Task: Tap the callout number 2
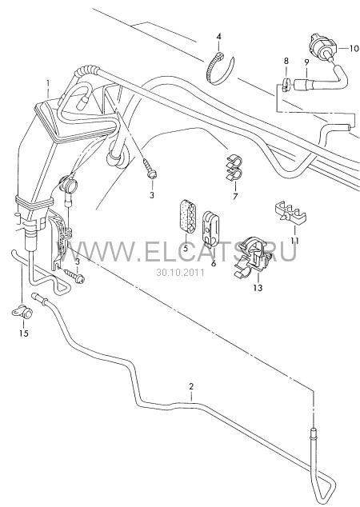191,386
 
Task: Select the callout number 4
218,37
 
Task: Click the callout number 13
258,287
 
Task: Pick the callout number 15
24,333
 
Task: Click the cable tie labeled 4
220,68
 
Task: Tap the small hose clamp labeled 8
285,85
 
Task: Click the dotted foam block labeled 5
187,217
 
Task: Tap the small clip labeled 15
22,312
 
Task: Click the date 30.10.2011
181,272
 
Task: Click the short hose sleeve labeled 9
304,83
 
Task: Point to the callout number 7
235,196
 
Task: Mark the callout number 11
294,241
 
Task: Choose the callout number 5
186,249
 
